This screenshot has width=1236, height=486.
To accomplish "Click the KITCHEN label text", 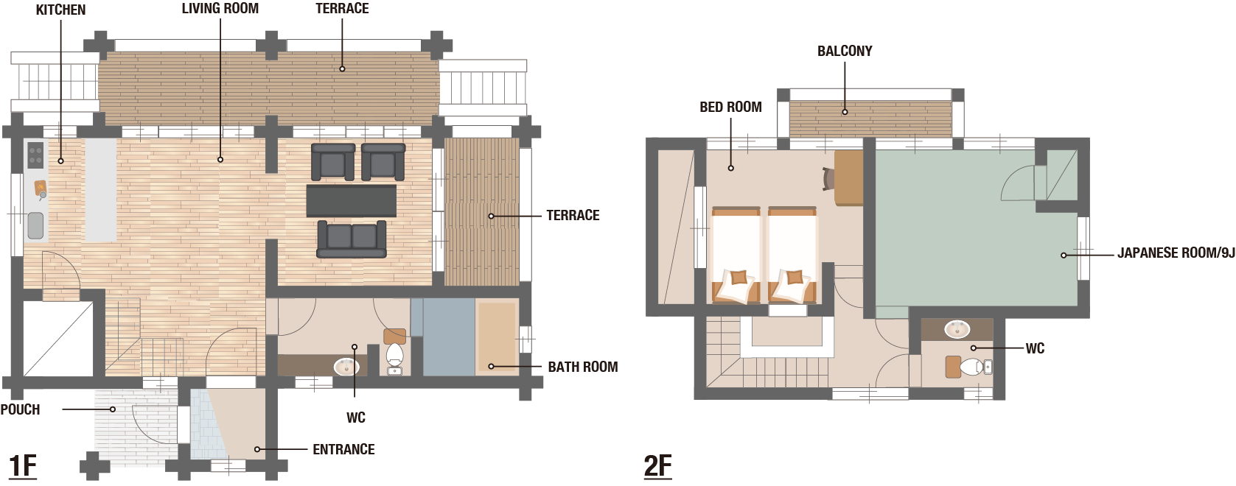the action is pyautogui.click(x=60, y=10).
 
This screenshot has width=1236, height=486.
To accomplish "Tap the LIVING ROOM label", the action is pyautogui.click(x=220, y=9).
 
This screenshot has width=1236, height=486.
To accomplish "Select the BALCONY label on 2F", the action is pyautogui.click(x=845, y=52).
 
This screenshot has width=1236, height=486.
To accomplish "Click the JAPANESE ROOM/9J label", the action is pyautogui.click(x=1176, y=253).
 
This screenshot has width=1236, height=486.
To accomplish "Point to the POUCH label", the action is pyautogui.click(x=21, y=409).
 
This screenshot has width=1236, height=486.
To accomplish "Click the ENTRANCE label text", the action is pyautogui.click(x=343, y=450).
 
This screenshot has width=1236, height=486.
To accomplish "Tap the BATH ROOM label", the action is pyautogui.click(x=583, y=367).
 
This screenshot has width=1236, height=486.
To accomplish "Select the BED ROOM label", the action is pyautogui.click(x=730, y=107).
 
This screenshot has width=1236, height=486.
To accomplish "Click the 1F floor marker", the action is pyautogui.click(x=23, y=466).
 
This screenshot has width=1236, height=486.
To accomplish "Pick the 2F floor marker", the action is pyautogui.click(x=657, y=466).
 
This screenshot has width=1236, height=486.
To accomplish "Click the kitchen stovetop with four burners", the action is pyautogui.click(x=35, y=155).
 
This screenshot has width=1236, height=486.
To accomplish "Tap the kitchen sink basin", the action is pyautogui.click(x=36, y=225).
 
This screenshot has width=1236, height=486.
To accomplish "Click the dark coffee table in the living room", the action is pyautogui.click(x=352, y=200).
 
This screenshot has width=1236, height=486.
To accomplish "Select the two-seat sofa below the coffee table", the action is pyautogui.click(x=352, y=239).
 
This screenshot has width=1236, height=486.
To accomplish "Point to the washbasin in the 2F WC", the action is pyautogui.click(x=957, y=329).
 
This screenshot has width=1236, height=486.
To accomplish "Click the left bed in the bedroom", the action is pyautogui.click(x=736, y=255).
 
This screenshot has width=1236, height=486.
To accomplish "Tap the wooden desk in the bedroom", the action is pyautogui.click(x=848, y=177).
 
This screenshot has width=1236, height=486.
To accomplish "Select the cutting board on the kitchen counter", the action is pyautogui.click(x=41, y=187).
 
